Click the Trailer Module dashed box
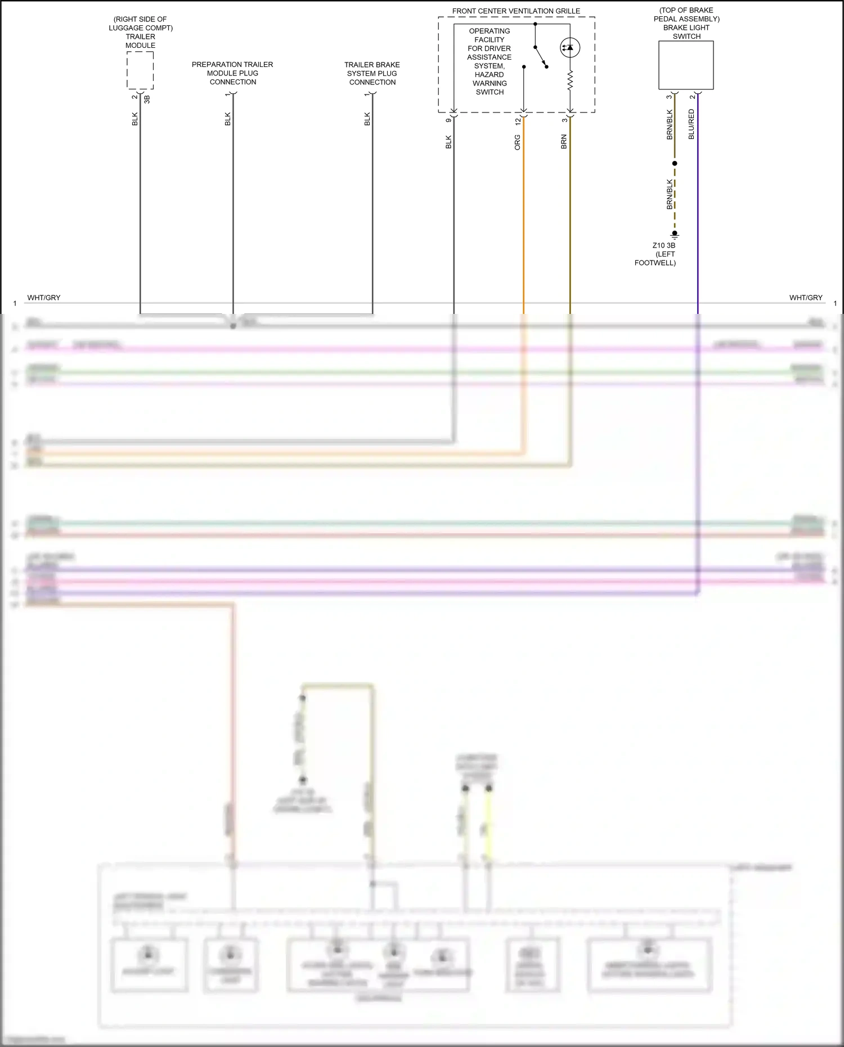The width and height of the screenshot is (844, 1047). point(140,70)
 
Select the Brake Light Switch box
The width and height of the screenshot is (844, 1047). point(686,65)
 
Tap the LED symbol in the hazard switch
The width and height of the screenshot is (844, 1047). point(569,48)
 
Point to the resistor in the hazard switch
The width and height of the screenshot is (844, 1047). point(569,80)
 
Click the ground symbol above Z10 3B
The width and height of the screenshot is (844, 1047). point(675,235)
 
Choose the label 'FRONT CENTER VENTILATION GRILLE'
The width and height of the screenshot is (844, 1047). point(516,11)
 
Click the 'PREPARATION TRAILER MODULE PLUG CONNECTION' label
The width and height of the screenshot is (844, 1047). point(232,73)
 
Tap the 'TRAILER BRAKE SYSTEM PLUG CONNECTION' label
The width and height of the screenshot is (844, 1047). point(372,73)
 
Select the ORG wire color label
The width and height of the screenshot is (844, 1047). point(518,142)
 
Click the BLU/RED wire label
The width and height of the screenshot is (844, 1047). point(692,124)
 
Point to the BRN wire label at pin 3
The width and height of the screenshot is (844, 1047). point(564,142)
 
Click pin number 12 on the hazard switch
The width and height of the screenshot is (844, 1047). point(518,120)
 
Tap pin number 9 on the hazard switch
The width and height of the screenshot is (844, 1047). point(448,120)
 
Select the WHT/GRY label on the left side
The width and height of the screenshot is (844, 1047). point(43,298)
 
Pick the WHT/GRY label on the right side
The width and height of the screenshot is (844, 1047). point(806,298)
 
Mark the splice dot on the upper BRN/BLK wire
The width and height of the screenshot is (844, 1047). point(675,163)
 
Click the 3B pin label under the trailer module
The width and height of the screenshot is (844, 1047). point(147,99)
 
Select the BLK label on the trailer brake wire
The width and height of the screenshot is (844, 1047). point(367,119)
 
